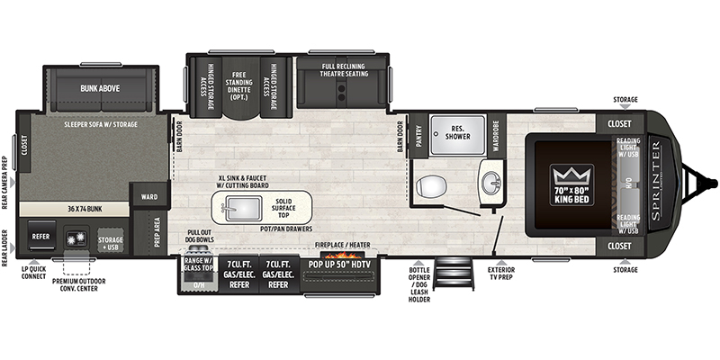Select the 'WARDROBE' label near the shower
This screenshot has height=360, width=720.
click(x=496, y=135)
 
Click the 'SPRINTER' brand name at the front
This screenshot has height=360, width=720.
click(x=654, y=172)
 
